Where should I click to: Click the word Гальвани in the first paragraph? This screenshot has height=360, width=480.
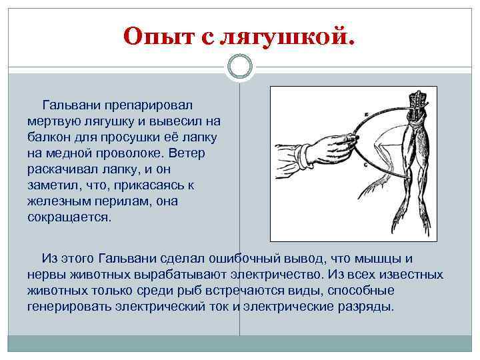pos(71,105)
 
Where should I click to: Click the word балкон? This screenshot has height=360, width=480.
pos(49,137)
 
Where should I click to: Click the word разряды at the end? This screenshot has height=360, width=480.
pos(366,307)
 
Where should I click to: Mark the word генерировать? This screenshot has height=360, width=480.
pos(68,307)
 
